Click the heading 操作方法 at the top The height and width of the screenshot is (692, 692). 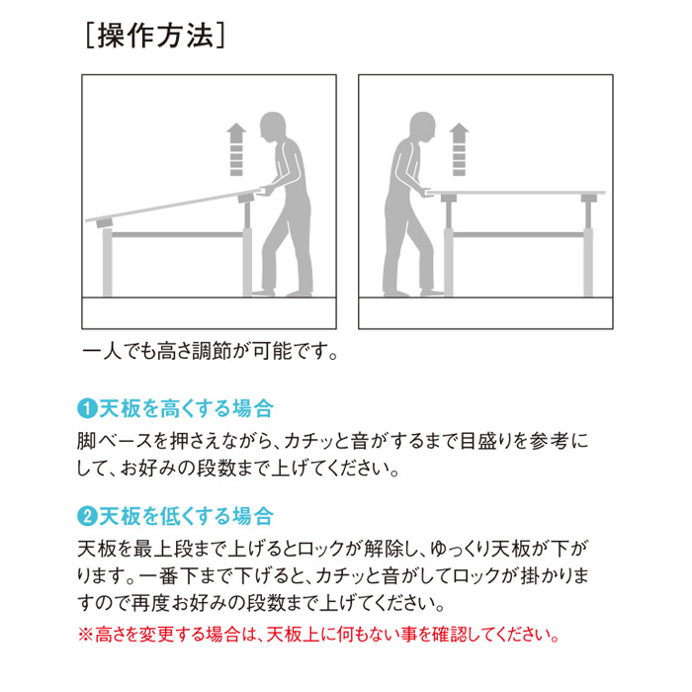click(x=155, y=36)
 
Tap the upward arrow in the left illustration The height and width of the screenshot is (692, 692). click(x=236, y=149)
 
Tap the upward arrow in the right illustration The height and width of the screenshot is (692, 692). click(x=459, y=149)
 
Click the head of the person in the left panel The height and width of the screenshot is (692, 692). click(x=272, y=127)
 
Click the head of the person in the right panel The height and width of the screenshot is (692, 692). click(x=423, y=127)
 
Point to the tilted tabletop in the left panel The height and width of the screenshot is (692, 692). click(x=172, y=205)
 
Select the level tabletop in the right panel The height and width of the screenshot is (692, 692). click(x=515, y=193)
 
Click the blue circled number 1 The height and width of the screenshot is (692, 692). click(x=87, y=408)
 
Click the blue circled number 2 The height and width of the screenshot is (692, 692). click(x=87, y=516)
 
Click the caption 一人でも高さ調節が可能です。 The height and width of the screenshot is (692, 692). click(x=211, y=351)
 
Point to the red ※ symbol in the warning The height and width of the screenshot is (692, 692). click(x=85, y=635)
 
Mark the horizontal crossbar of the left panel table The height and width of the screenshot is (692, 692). click(x=177, y=235)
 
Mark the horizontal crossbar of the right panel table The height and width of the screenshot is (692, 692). click(x=519, y=235)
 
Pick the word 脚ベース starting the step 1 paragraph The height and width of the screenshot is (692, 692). click(x=114, y=441)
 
